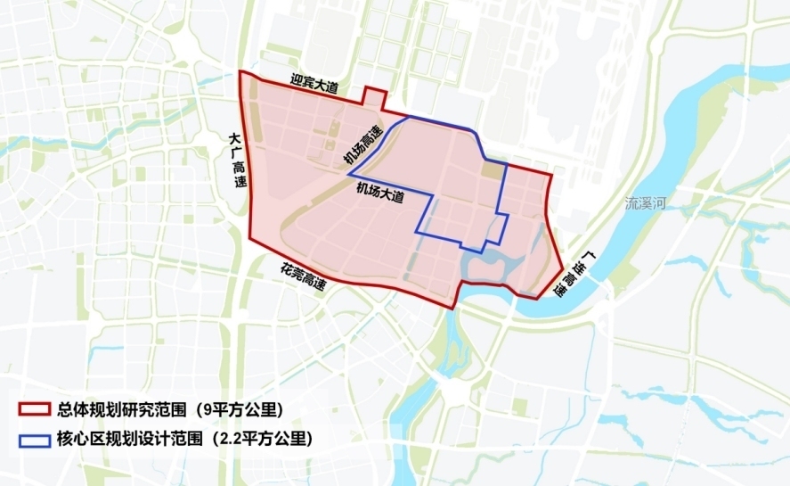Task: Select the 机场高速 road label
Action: tap(363, 145)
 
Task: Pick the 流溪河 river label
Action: tap(646, 203)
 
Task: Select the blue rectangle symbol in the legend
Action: tap(36, 439)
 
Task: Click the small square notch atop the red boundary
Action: tap(374, 97)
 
